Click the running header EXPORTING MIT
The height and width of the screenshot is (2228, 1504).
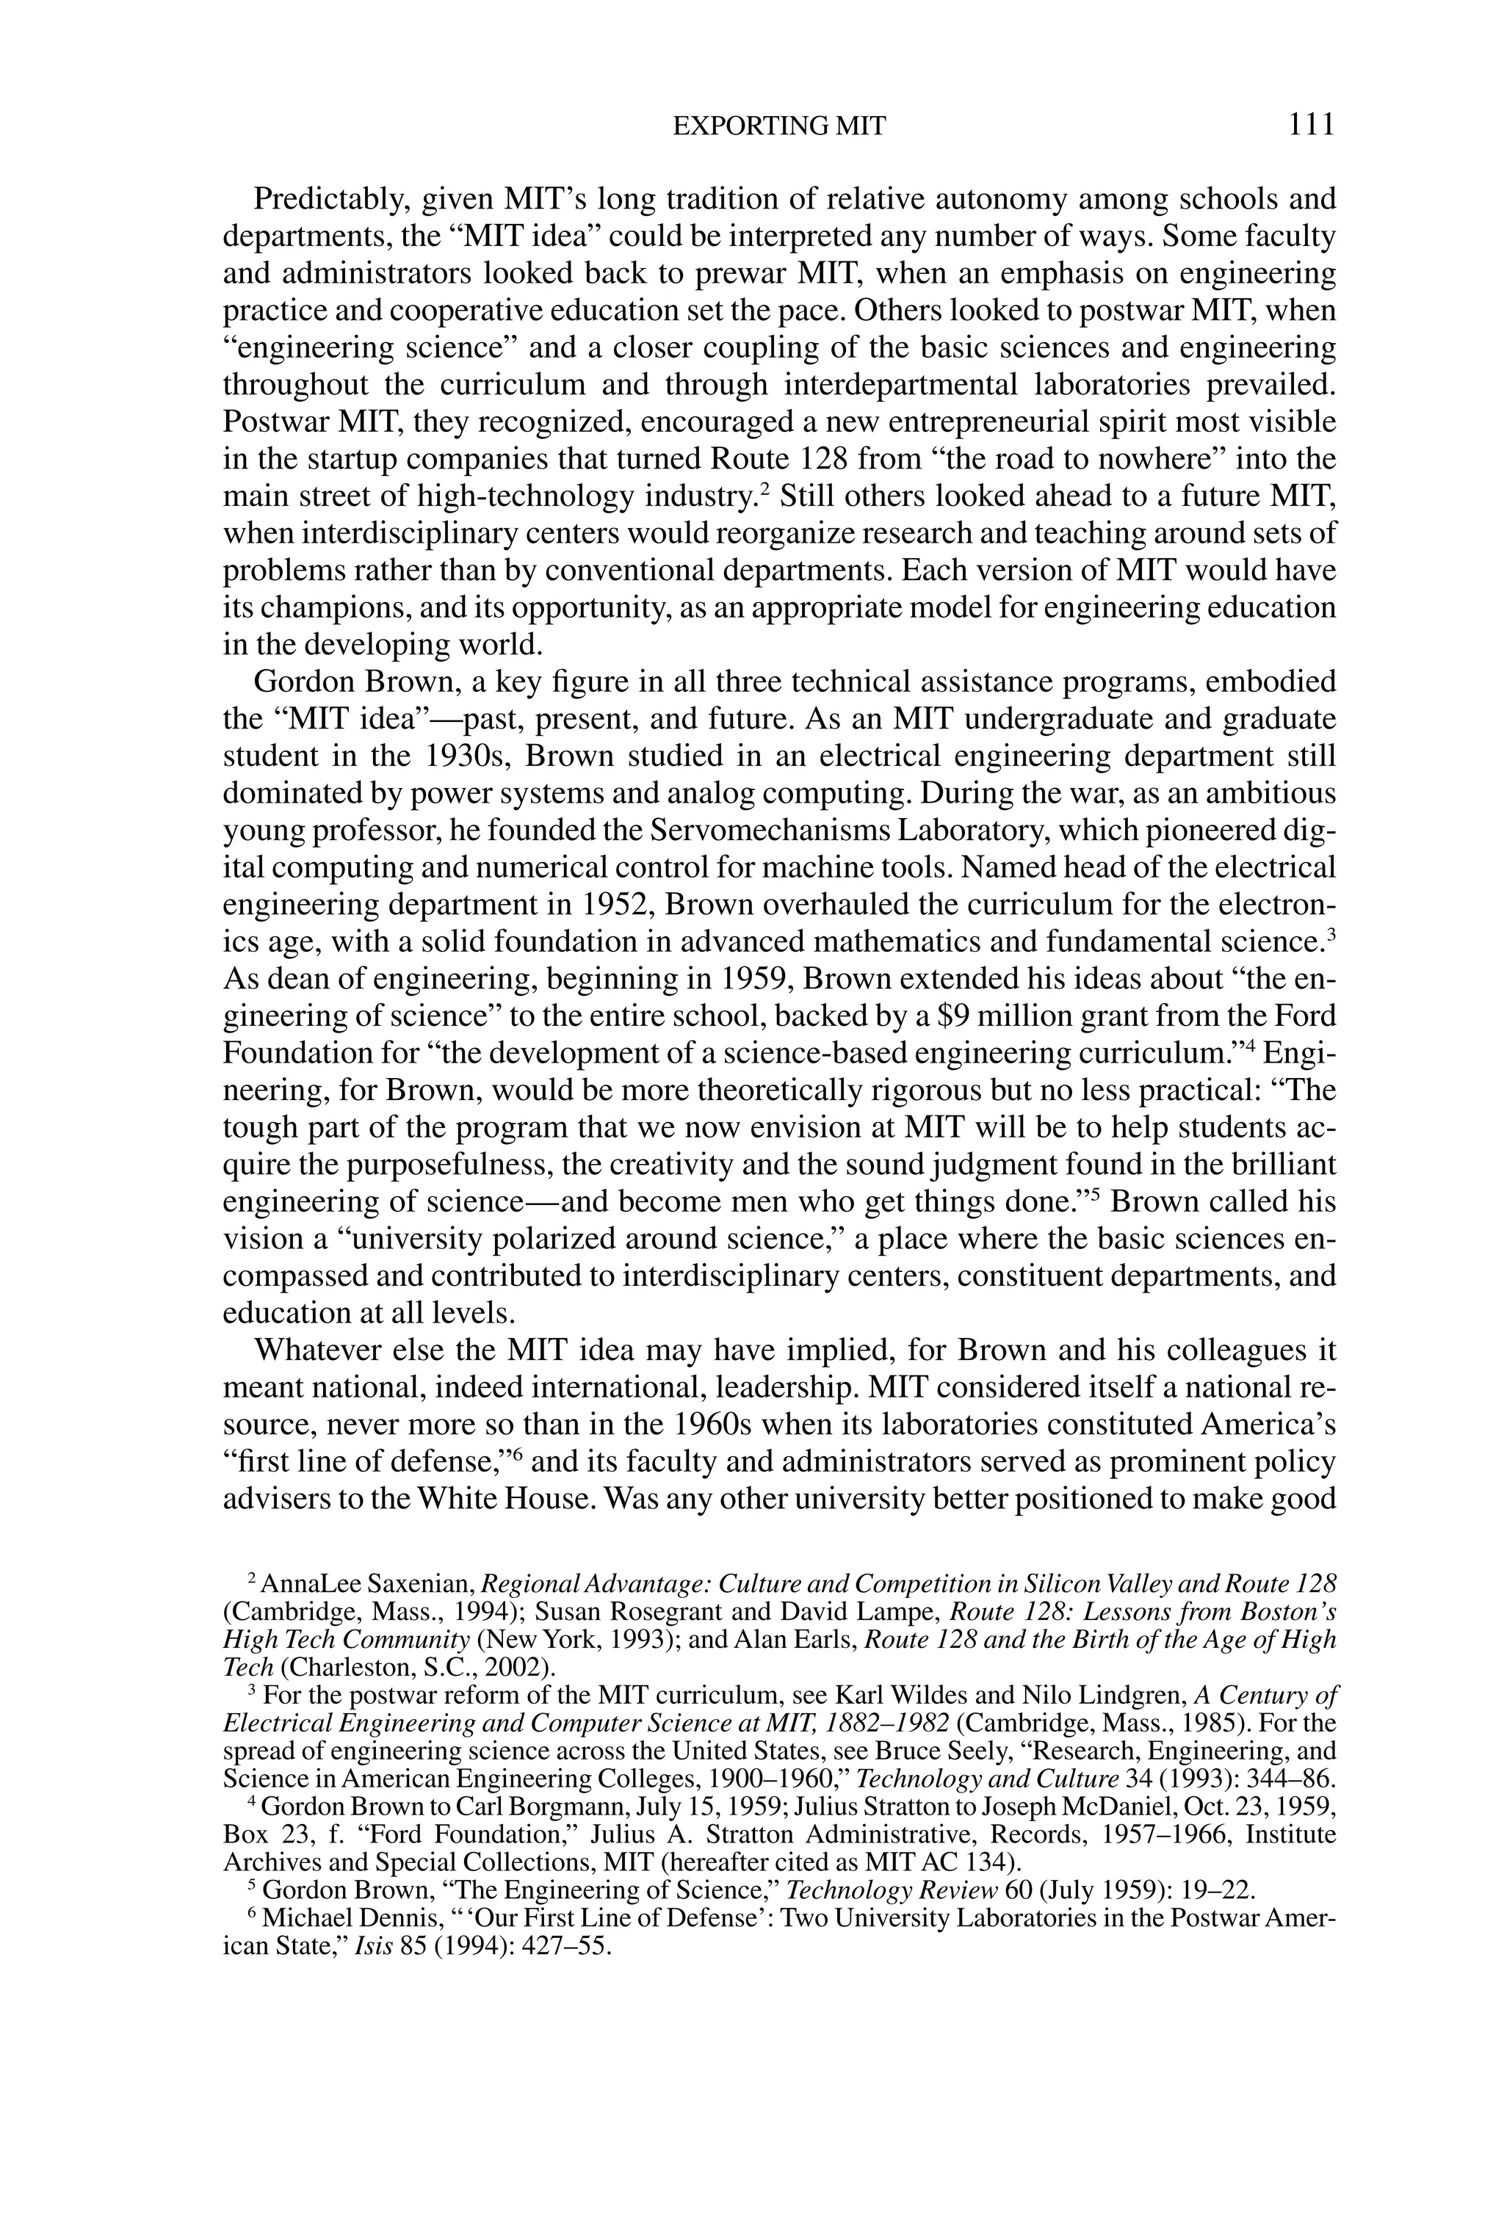pyautogui.click(x=778, y=126)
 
